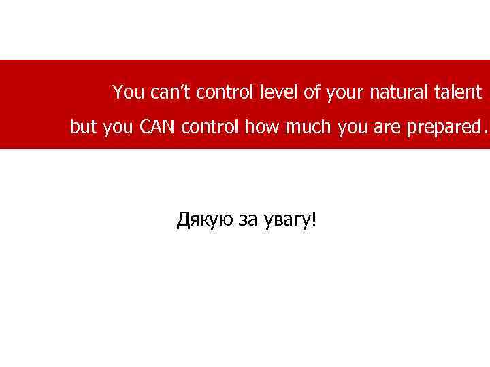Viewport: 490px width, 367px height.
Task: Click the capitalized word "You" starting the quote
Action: [125, 92]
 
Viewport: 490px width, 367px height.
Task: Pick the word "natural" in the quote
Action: [395, 92]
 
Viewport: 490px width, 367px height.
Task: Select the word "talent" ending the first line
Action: [456, 92]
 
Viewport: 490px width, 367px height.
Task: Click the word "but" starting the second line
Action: [83, 127]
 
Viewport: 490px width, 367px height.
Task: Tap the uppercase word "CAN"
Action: [159, 127]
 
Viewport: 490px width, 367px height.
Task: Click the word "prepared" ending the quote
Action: [446, 128]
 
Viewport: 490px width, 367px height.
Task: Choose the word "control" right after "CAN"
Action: [214, 127]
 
